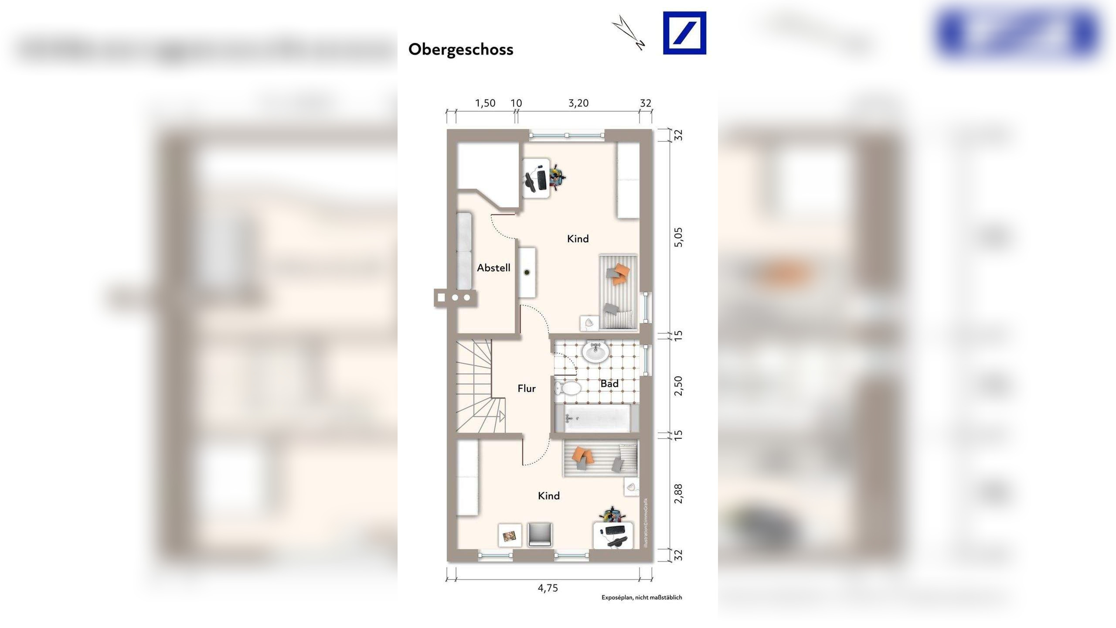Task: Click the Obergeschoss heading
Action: coord(461,49)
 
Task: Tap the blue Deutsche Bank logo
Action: coord(684,33)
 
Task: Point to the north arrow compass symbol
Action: coord(628,33)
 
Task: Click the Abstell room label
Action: coord(493,268)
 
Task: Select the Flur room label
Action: coord(527,389)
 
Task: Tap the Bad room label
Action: coord(609,384)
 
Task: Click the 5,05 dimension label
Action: coord(679,237)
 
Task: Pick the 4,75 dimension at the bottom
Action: coord(548,588)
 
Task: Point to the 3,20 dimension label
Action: coord(578,103)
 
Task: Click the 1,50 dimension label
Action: coord(485,103)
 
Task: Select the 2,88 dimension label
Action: coord(679,494)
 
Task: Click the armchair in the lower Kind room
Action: coord(540,534)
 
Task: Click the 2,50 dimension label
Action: coord(679,386)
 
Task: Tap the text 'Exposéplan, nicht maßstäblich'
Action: coord(642,597)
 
